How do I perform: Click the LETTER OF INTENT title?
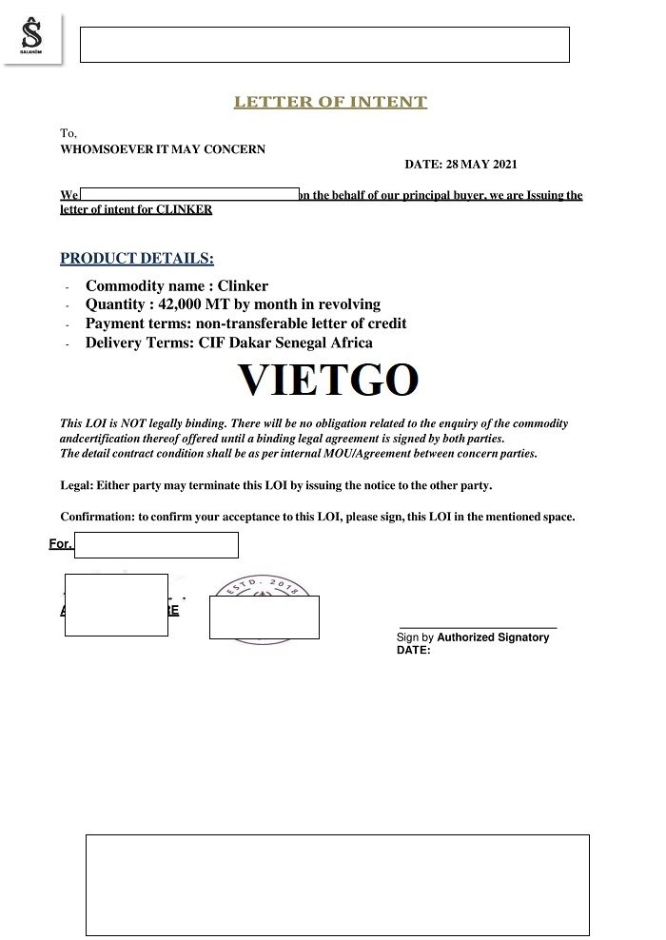pos(330,103)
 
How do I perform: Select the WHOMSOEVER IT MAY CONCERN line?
pos(163,149)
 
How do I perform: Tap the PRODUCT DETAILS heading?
pos(137,258)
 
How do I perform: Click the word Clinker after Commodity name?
pos(243,285)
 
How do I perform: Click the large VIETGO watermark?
pos(328,379)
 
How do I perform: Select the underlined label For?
pos(60,544)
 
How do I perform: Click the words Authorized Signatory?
pos(493,637)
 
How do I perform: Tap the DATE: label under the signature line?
pos(413,651)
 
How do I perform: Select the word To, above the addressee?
pos(69,134)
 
